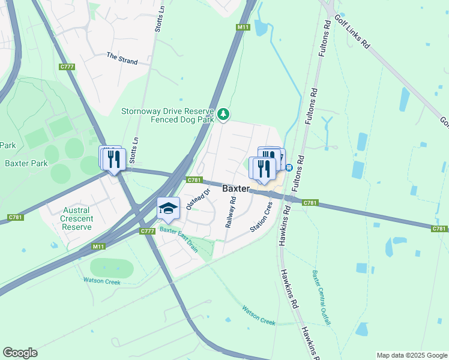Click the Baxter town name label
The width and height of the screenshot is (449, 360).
[x=236, y=188]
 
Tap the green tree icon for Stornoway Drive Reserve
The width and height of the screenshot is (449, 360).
[x=223, y=113]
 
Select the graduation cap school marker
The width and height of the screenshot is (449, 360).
[x=169, y=208]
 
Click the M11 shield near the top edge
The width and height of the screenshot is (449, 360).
[x=243, y=27]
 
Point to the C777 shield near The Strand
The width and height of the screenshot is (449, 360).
[x=67, y=67]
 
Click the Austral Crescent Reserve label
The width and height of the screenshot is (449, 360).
[x=77, y=218]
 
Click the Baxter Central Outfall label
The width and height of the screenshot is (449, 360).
[x=321, y=298]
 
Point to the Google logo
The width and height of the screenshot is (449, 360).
[x=20, y=353]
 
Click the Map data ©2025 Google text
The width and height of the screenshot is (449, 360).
[x=411, y=355]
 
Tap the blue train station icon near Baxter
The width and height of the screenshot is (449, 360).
[x=289, y=167]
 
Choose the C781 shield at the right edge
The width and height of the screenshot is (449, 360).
[x=439, y=229]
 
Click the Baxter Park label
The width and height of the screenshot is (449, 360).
[x=26, y=163]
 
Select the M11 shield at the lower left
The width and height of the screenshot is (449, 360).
[x=99, y=246]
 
